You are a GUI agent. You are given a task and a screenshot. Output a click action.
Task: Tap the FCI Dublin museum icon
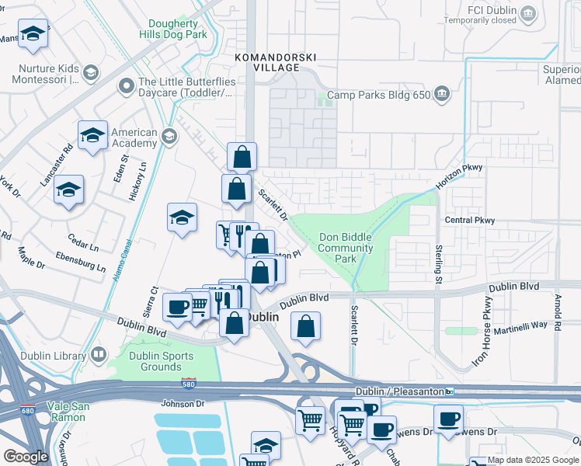point(529,12)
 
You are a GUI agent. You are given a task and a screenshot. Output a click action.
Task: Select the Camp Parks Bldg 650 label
point(377,96)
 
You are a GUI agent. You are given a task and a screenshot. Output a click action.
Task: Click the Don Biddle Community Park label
point(346,248)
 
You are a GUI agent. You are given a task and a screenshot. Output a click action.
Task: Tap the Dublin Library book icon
point(99,356)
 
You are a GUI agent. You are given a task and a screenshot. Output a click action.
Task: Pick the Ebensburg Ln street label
point(80,262)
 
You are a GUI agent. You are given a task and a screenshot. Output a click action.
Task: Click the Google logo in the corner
point(26,456)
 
